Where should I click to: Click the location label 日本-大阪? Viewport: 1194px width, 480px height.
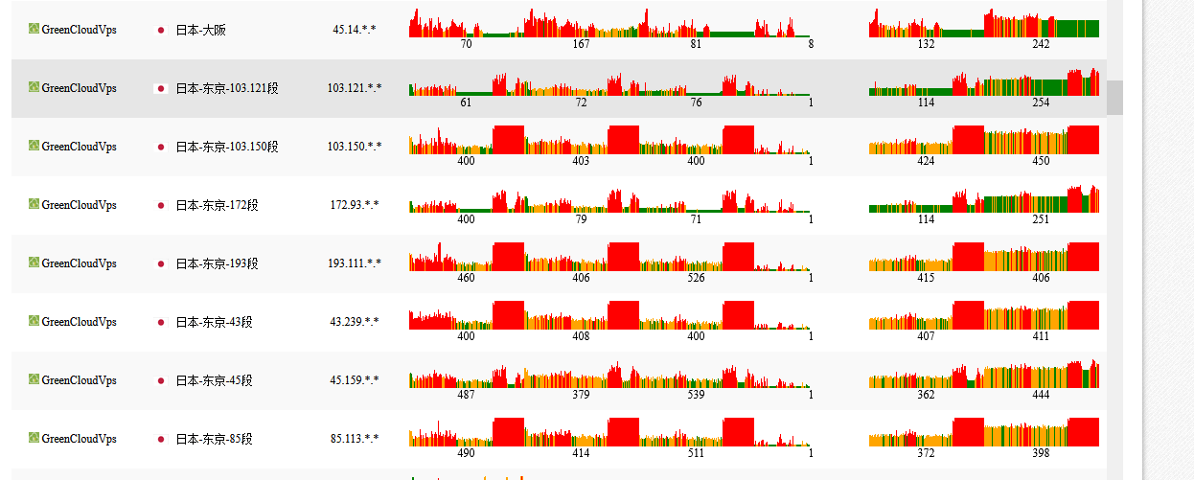(x=200, y=30)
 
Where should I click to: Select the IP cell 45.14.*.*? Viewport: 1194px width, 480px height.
(x=355, y=30)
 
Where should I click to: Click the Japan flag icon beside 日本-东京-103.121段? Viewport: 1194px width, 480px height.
(x=161, y=88)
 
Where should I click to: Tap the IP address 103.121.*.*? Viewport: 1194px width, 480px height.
(x=355, y=88)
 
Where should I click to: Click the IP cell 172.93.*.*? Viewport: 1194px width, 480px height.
(x=355, y=205)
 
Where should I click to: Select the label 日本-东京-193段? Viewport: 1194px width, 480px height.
(x=217, y=263)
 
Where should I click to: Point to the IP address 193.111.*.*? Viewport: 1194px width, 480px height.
(x=355, y=263)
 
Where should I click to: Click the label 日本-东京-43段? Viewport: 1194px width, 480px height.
(x=214, y=322)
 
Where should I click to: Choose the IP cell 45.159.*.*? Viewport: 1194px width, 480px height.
(x=355, y=380)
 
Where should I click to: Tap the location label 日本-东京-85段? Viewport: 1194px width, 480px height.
(x=214, y=439)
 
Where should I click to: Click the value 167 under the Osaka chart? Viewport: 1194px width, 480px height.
(x=581, y=44)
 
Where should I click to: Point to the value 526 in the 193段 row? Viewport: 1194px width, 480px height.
(x=696, y=278)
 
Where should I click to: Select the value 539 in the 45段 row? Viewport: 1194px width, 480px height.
(x=696, y=395)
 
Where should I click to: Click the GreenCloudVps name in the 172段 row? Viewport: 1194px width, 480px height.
(x=79, y=205)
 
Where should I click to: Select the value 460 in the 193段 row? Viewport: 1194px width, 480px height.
(x=466, y=278)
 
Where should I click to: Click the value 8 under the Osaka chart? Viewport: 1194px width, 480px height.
(x=811, y=44)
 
